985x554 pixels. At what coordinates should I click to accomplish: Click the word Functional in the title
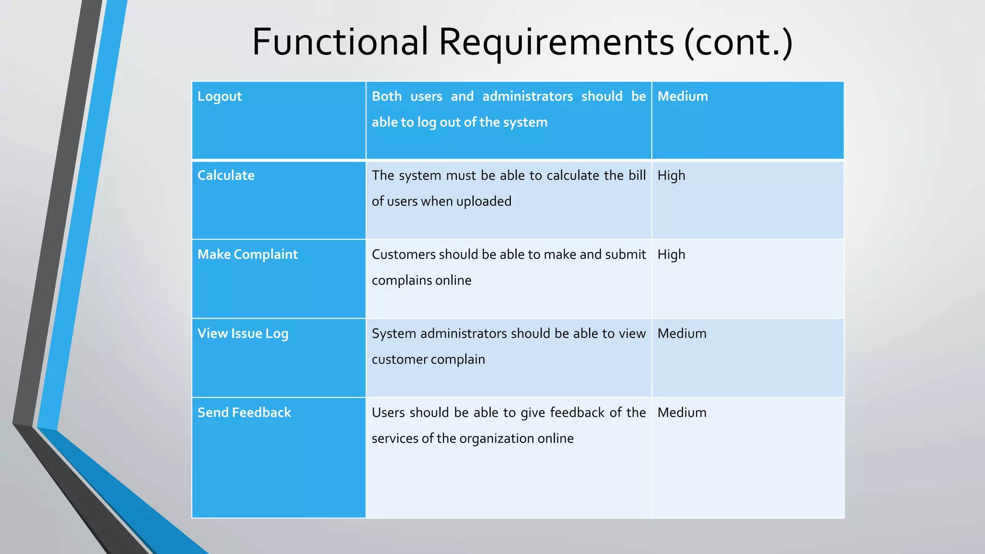[340, 42]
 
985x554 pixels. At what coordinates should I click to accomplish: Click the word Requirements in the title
[556, 42]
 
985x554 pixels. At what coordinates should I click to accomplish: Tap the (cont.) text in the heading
[738, 42]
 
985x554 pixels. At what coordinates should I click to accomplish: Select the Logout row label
[219, 97]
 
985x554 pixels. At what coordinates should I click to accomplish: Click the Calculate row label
[226, 176]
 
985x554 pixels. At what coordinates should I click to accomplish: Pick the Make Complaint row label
[247, 254]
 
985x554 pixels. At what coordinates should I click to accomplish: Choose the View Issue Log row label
[242, 334]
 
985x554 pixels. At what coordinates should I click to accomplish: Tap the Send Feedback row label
[244, 413]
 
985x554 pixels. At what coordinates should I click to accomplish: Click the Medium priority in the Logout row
[682, 97]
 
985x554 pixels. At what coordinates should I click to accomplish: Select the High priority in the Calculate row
[671, 176]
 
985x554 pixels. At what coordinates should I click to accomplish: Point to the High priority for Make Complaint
[671, 255]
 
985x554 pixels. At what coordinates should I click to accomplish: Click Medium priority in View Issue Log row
[682, 334]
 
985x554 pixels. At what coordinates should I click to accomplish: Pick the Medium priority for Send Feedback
[682, 413]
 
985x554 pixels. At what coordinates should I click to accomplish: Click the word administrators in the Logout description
[527, 97]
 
